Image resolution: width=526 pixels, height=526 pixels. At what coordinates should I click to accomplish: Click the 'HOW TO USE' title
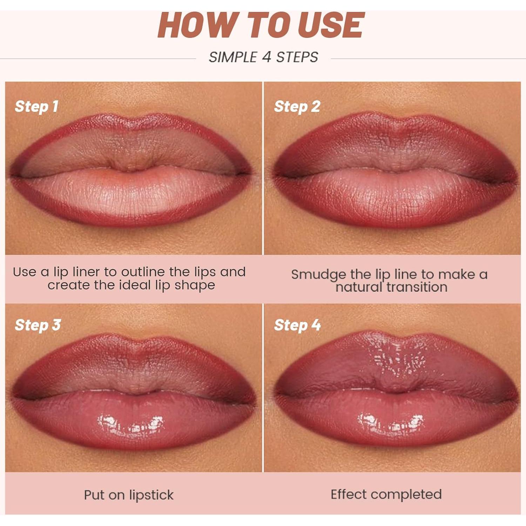click(x=261, y=25)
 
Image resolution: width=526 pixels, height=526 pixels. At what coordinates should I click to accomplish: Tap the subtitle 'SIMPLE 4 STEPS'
click(x=263, y=57)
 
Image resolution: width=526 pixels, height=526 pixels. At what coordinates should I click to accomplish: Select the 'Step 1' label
click(x=36, y=107)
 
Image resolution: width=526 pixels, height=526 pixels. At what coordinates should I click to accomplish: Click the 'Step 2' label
click(x=297, y=107)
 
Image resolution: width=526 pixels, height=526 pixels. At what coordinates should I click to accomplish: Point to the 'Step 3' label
click(x=38, y=325)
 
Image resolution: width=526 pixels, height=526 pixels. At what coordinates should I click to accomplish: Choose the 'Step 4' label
click(x=297, y=325)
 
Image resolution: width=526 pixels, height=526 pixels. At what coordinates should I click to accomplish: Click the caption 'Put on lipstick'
click(x=129, y=495)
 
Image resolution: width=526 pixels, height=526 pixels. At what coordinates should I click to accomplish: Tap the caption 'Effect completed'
click(x=386, y=494)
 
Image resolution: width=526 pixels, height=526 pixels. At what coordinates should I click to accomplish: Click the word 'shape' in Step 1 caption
click(x=195, y=285)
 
